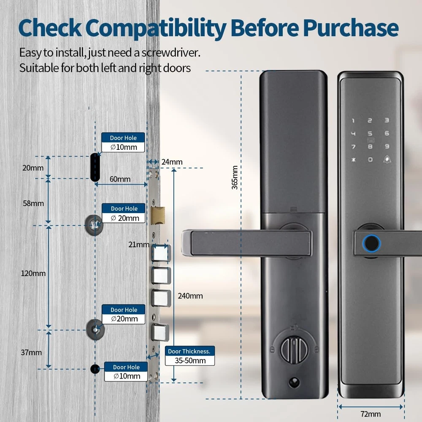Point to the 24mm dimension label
(x=172, y=162)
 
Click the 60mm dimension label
(x=120, y=179)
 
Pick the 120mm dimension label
(x=33, y=273)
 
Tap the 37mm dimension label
(x=32, y=352)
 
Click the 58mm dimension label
(x=33, y=203)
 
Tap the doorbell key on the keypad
(x=387, y=159)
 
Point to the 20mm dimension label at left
(x=33, y=168)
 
